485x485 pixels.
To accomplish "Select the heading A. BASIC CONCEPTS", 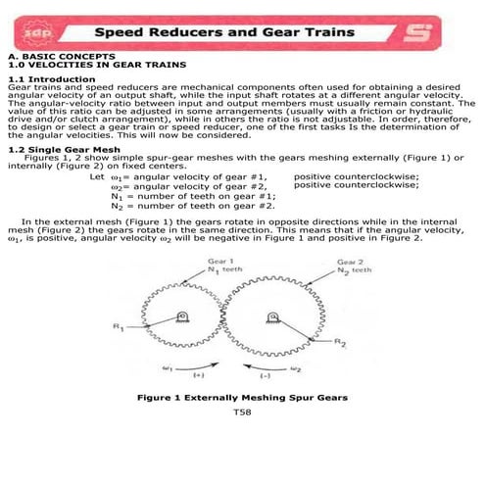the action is click(49, 59).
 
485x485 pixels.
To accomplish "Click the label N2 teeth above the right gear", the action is click(351, 271).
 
